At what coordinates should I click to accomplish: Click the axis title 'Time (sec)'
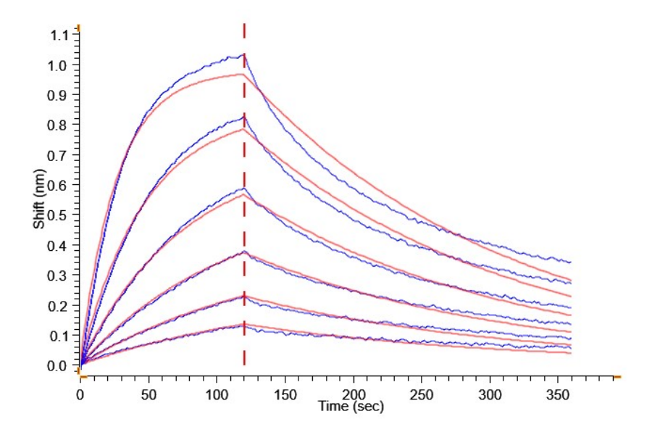click(351, 407)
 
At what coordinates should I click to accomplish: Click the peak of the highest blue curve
click(243, 54)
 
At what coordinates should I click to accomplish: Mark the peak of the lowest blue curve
click(243, 326)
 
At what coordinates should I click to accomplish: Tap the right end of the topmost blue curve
click(571, 262)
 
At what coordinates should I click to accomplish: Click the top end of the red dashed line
click(244, 25)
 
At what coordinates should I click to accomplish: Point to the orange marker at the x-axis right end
click(617, 377)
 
